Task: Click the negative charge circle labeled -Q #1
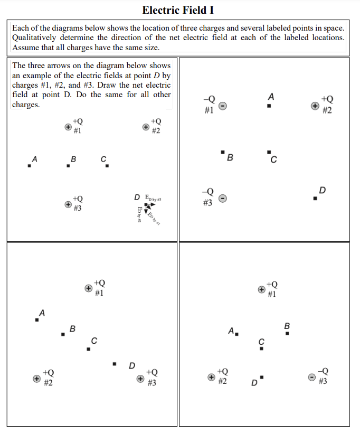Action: (223, 106)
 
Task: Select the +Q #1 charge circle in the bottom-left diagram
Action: (89, 288)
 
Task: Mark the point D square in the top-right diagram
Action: (315, 199)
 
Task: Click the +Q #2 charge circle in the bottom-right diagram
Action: (211, 377)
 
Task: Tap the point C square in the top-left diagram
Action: (107, 166)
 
